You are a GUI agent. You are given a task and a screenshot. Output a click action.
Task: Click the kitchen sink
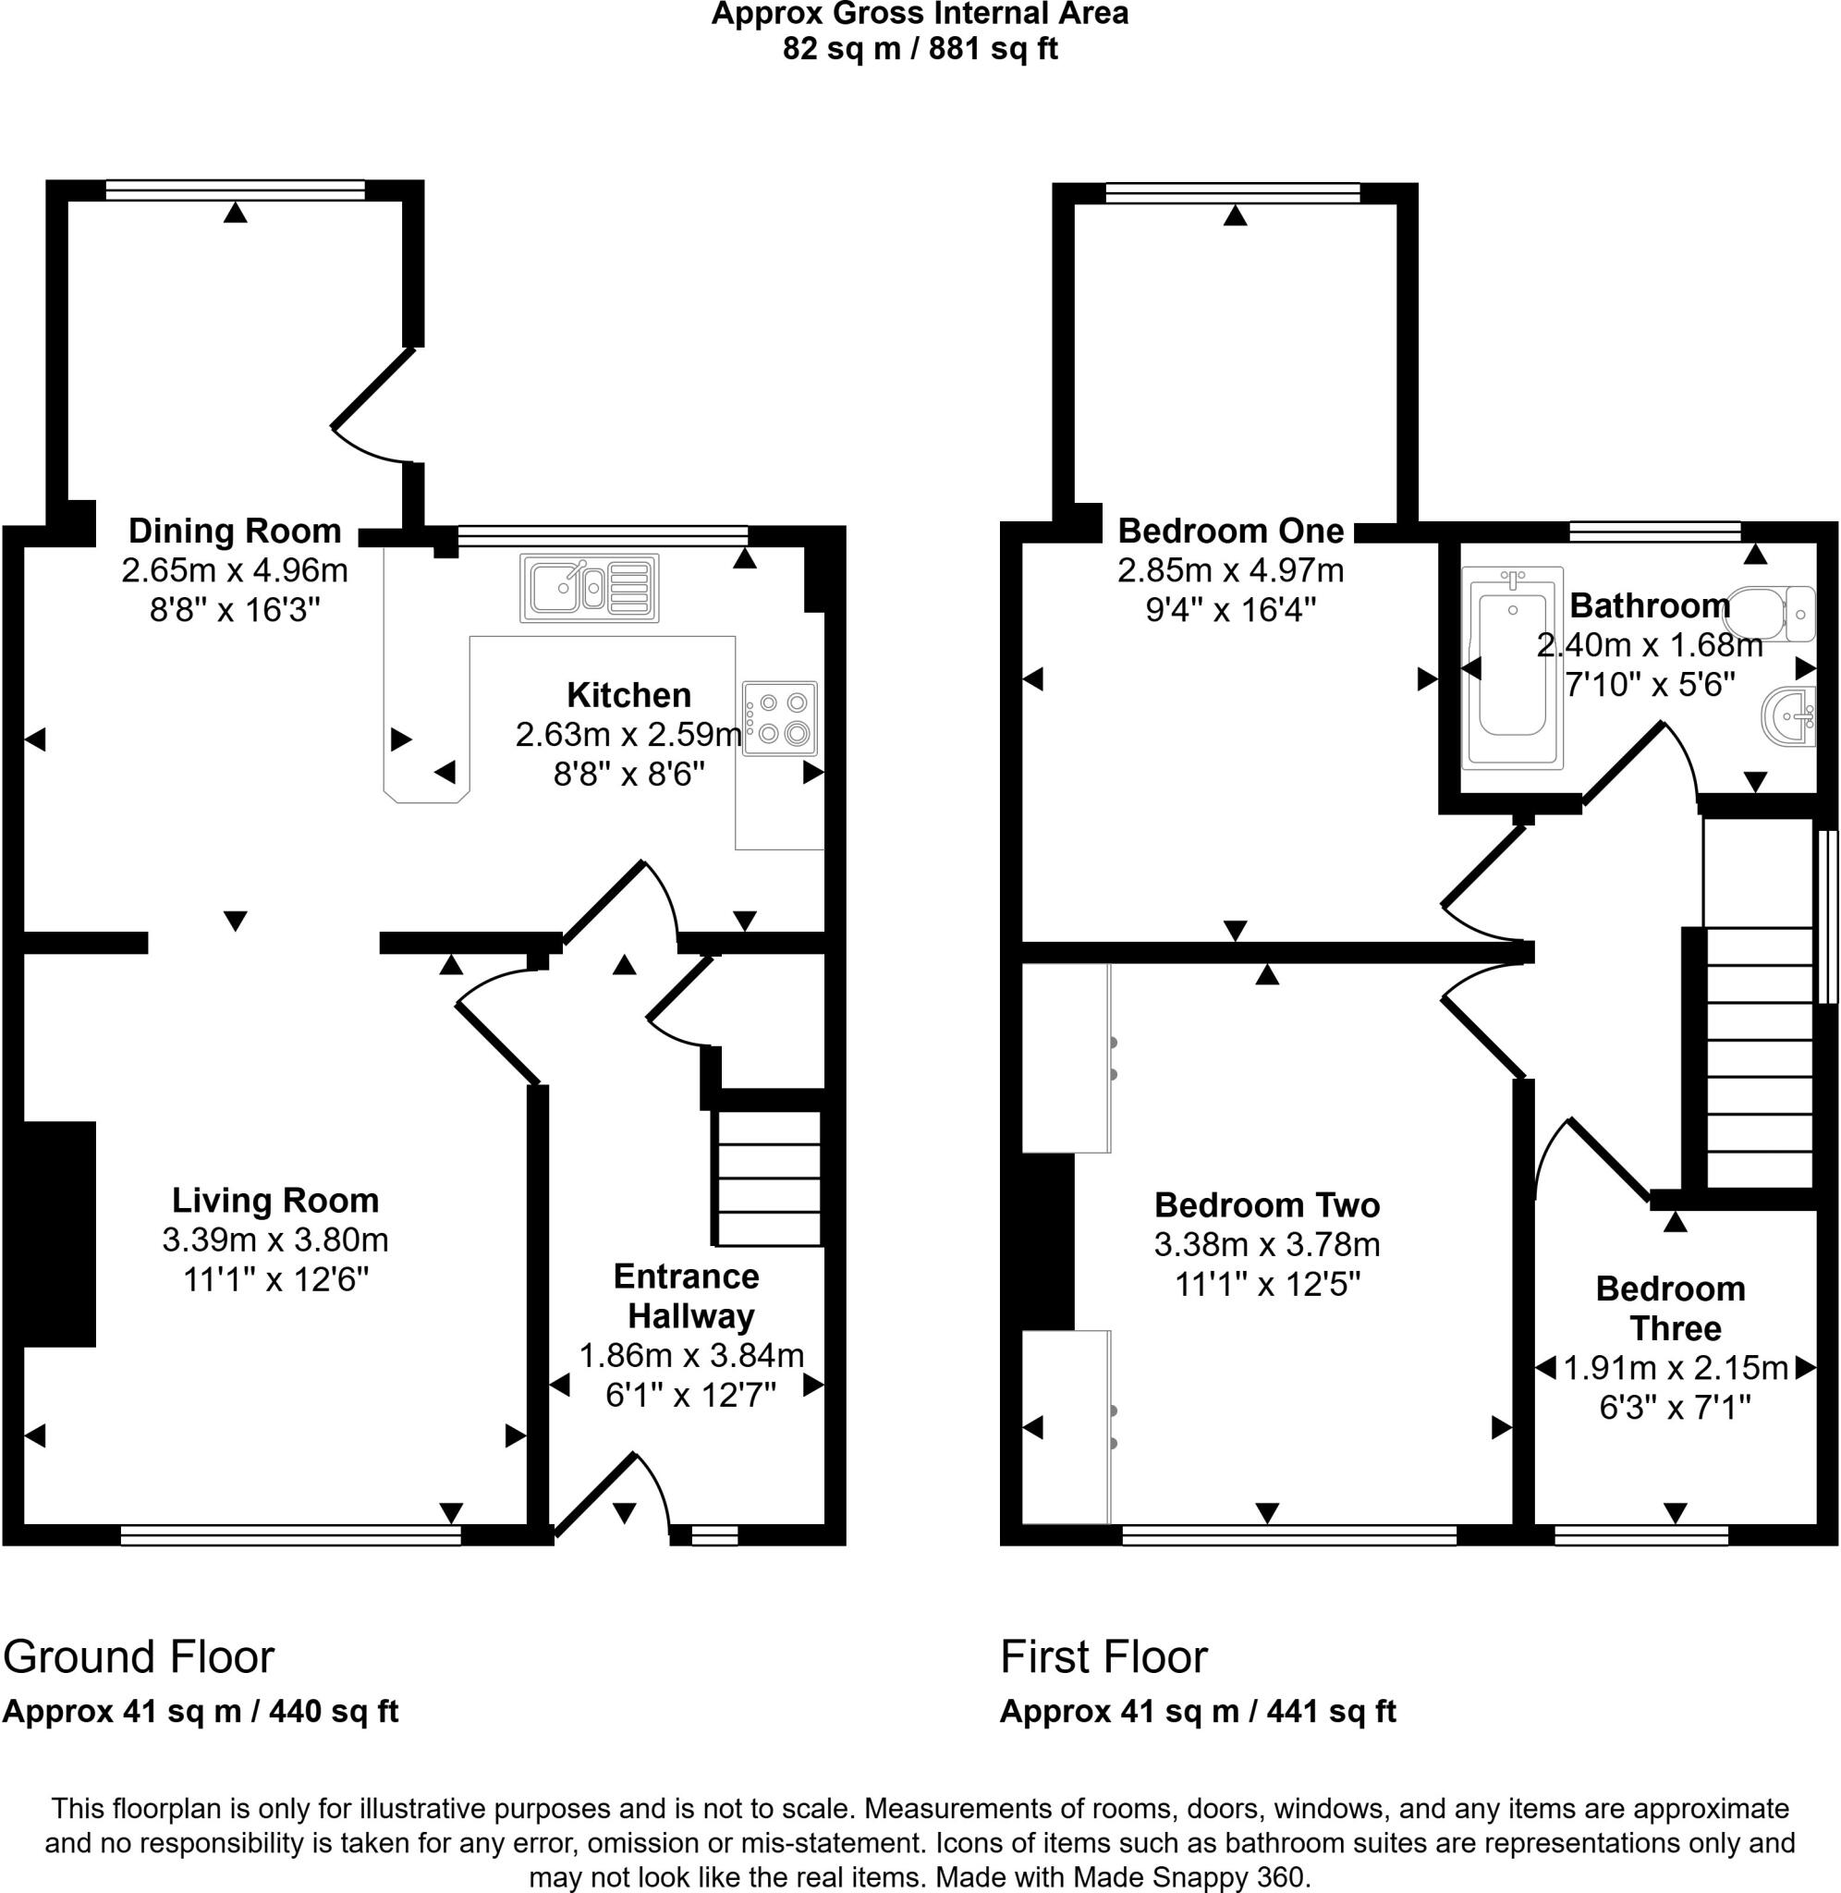(589, 587)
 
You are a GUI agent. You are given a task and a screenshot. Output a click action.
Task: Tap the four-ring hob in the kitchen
(780, 718)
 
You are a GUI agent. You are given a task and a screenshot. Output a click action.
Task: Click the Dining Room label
(235, 531)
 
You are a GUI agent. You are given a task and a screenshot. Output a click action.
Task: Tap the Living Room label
(275, 1200)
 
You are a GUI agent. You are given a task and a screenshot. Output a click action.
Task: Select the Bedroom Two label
(1267, 1204)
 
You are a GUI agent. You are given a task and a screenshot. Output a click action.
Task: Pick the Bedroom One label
(1230, 531)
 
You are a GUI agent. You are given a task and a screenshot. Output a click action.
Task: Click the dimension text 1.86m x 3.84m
(691, 1355)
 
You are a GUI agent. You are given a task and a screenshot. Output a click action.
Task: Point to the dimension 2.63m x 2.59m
(628, 735)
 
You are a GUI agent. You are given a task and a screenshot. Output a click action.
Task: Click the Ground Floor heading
(140, 1656)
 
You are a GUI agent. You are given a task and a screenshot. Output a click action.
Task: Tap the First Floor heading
(1103, 1656)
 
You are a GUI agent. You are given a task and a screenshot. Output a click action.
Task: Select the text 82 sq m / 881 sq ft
(920, 48)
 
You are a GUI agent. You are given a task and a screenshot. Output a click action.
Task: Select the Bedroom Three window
(1640, 1533)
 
